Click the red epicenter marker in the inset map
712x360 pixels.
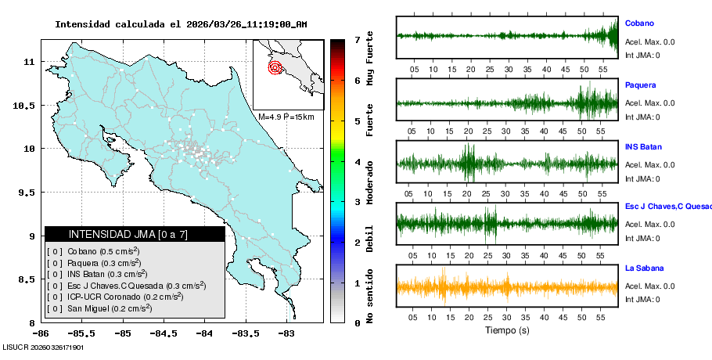275,67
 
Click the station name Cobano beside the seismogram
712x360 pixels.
639,23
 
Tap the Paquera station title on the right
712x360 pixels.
641,85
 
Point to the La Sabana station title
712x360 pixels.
643,268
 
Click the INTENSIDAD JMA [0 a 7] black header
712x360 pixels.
134,234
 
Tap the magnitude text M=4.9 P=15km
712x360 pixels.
286,117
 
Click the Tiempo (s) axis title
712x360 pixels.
507,330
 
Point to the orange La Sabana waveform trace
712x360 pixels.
507,287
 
